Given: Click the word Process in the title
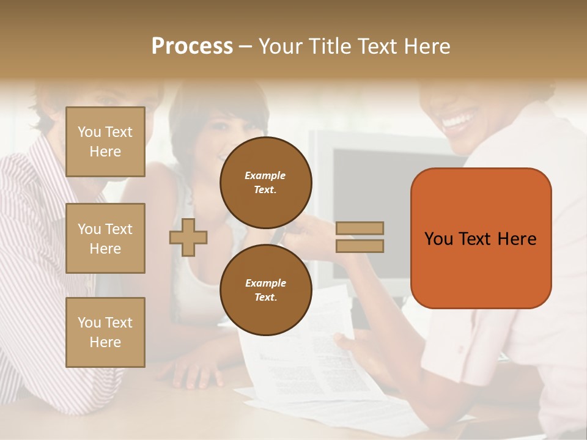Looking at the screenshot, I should (192, 46).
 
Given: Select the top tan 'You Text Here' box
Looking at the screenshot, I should (105, 142).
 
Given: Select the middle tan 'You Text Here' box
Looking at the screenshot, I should (105, 238).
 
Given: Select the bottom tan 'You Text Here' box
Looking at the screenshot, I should (105, 332).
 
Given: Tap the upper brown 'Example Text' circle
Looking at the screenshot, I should (265, 182).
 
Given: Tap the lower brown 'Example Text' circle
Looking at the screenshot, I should (265, 290).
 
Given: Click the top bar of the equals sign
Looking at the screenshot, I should (360, 228).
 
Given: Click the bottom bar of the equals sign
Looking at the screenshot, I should (360, 246).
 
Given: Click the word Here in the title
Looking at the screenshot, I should (427, 46).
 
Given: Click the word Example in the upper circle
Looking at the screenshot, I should (265, 175).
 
